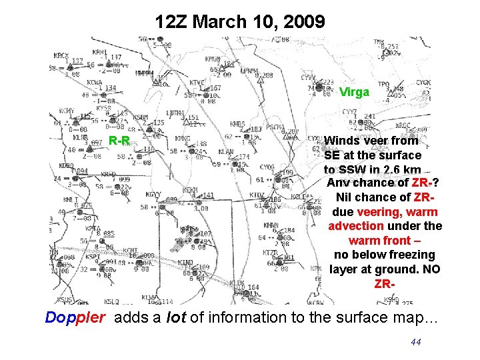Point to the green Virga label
354,92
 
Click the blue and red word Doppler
75,317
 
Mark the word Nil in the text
347,197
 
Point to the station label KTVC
197,83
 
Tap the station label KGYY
153,195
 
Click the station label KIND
186,263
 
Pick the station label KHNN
271,225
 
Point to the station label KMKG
183,139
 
